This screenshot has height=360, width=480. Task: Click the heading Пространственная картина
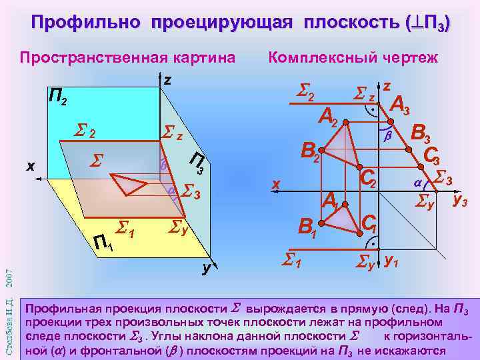pyautogui.click(x=127, y=57)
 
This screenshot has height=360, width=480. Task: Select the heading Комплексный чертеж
pyautogui.click(x=353, y=57)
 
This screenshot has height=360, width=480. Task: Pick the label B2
pyautogui.click(x=311, y=152)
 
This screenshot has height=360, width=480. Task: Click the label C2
pyautogui.click(x=368, y=177)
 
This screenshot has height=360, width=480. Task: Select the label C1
pyautogui.click(x=369, y=225)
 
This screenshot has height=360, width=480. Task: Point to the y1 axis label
pyautogui.click(x=392, y=260)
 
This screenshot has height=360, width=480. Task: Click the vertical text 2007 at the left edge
pyautogui.click(x=8, y=274)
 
